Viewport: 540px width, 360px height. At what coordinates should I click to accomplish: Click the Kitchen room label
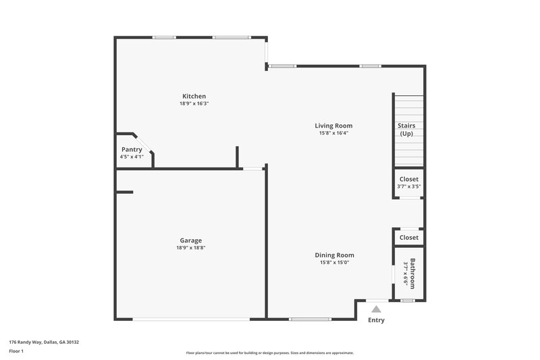[x=194, y=96]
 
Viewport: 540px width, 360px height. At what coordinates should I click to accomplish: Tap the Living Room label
[x=333, y=126]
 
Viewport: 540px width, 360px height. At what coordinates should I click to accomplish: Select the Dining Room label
[x=334, y=255]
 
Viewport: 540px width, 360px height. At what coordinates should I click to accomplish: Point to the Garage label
[x=190, y=240]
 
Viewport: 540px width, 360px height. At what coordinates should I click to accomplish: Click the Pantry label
[x=132, y=149]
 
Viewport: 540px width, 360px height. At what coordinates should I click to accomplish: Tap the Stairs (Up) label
[x=406, y=130]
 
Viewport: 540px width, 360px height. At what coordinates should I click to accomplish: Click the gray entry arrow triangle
[x=377, y=308]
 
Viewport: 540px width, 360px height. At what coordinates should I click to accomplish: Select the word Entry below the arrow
[x=376, y=320]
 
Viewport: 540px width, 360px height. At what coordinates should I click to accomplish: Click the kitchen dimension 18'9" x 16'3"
[x=194, y=104]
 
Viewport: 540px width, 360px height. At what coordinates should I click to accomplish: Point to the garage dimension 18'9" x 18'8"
[x=190, y=248]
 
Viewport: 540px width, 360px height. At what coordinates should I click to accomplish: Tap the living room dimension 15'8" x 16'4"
[x=333, y=133]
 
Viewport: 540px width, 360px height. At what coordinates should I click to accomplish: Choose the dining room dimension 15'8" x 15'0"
[x=334, y=263]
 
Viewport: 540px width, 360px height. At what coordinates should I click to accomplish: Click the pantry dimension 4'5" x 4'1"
[x=132, y=157]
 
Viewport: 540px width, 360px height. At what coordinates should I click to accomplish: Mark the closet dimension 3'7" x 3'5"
[x=409, y=186]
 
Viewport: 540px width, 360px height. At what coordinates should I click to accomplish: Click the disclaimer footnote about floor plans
[x=269, y=353]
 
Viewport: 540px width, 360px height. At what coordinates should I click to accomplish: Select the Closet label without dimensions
[x=409, y=238]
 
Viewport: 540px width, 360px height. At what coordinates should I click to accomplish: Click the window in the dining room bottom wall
[x=309, y=318]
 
